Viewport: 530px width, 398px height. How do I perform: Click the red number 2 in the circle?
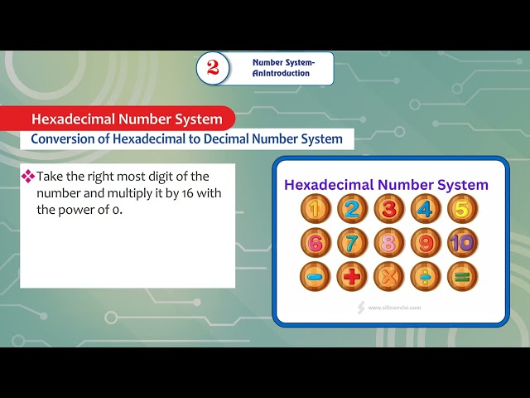[213, 68]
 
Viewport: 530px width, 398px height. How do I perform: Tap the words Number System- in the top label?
[283, 62]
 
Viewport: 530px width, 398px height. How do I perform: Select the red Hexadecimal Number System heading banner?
[127, 119]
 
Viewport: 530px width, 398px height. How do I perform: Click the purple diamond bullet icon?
[27, 177]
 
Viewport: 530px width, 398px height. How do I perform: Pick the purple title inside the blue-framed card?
[386, 185]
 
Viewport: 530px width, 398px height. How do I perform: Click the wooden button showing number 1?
[316, 209]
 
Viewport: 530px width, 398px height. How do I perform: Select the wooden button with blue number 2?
[352, 209]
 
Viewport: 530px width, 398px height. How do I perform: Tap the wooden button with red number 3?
[389, 209]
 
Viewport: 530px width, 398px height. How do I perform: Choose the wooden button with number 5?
[462, 209]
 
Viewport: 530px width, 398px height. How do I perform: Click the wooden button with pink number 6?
[316, 243]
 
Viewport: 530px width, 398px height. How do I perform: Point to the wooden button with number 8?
[389, 243]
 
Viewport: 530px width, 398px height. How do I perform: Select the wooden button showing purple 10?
[462, 243]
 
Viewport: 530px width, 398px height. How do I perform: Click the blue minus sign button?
[316, 276]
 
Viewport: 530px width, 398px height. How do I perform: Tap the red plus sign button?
[352, 276]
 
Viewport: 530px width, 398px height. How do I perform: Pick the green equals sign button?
[462, 276]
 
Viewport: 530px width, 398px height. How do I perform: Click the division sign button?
[426, 276]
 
